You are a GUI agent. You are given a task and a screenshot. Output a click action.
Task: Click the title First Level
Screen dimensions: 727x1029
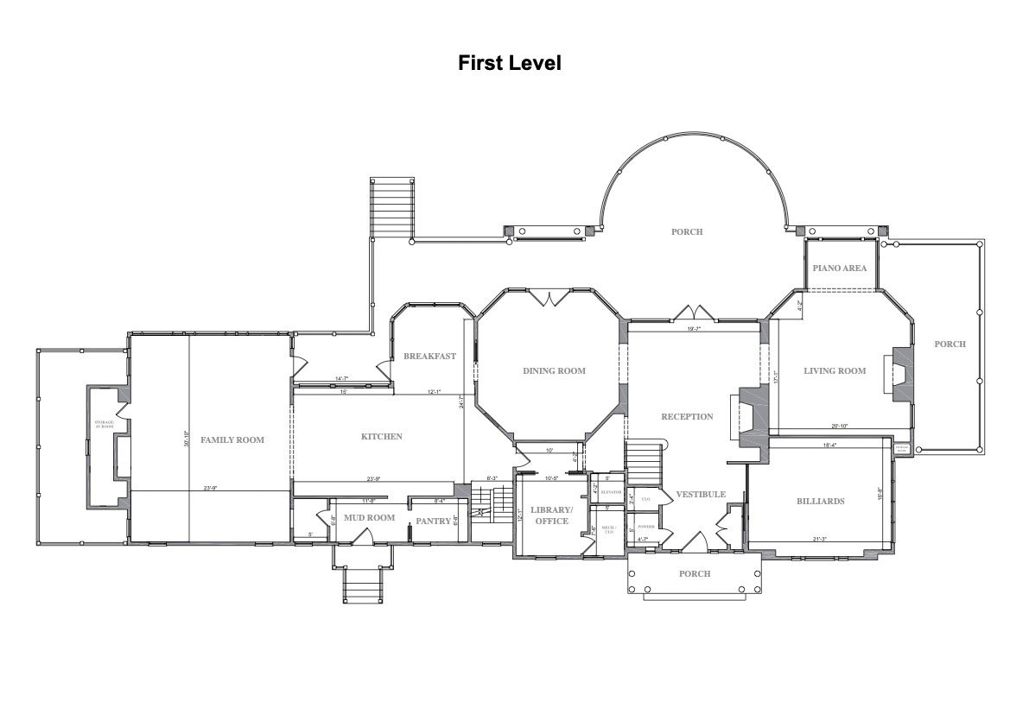[x=509, y=63]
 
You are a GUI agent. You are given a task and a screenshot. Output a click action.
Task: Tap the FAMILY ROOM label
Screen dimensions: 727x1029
[x=232, y=440]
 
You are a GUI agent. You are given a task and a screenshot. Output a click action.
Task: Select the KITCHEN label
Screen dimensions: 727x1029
[x=381, y=437]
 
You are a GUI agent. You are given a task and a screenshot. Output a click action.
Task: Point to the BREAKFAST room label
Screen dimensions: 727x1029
[x=429, y=356]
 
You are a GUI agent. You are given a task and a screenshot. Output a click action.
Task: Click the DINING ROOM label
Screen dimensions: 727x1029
[x=554, y=371]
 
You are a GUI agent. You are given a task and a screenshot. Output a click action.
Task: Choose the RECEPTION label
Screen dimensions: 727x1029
[x=687, y=417]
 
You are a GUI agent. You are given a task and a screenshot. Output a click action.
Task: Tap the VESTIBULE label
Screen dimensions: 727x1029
[x=700, y=495]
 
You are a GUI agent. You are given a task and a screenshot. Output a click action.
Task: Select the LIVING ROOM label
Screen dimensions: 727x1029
[x=835, y=371]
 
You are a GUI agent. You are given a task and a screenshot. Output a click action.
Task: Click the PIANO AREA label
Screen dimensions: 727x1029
[x=839, y=269]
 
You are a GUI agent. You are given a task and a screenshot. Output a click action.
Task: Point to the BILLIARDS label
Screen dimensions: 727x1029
[x=820, y=502]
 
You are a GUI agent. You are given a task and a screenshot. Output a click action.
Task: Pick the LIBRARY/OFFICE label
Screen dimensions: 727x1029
[x=550, y=515]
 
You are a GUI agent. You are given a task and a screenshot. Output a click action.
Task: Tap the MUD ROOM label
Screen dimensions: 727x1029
[x=369, y=518]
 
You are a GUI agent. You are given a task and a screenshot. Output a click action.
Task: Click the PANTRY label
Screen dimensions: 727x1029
[x=434, y=521]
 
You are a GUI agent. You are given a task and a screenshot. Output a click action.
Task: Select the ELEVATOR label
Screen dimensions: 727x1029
[x=611, y=492]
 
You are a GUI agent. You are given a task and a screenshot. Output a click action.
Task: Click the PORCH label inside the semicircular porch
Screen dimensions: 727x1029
[x=687, y=232]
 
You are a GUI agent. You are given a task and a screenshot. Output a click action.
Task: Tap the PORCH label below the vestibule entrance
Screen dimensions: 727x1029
[x=695, y=574]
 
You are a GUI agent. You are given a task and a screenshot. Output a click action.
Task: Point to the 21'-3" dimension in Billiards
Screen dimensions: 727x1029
[x=820, y=540]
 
